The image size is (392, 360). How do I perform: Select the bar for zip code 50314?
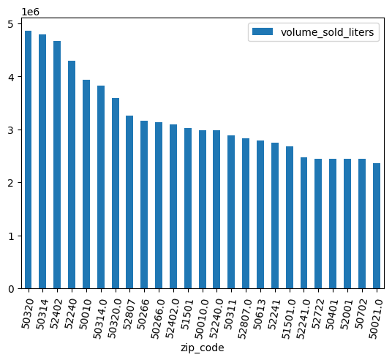click(42, 162)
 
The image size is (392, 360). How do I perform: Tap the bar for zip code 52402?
click(57, 165)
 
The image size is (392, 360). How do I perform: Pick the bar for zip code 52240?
click(72, 175)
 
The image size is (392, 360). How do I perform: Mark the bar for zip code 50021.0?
click(377, 226)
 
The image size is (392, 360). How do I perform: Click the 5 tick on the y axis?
click(10, 24)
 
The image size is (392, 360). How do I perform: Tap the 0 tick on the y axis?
click(10, 289)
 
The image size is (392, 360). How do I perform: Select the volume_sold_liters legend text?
click(323, 33)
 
